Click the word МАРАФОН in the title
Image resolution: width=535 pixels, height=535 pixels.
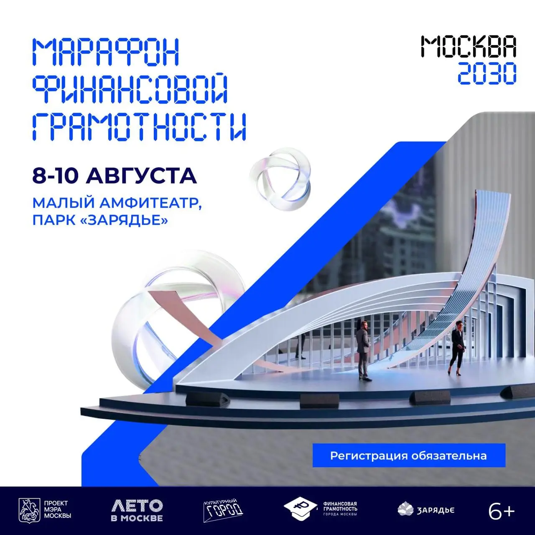point(106,52)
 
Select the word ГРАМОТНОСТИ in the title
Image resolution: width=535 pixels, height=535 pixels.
point(139,127)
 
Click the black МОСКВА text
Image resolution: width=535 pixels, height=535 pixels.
point(469,47)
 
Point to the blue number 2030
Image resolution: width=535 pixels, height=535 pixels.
point(487,73)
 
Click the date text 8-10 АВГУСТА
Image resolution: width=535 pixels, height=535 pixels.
point(115,175)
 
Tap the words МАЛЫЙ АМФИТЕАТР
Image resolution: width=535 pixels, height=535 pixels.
point(117,204)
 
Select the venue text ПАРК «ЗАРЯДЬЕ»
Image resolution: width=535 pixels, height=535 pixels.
point(100,220)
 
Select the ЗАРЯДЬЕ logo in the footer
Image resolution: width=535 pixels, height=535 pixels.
point(426,510)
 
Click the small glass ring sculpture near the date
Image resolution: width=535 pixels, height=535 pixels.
point(280,179)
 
